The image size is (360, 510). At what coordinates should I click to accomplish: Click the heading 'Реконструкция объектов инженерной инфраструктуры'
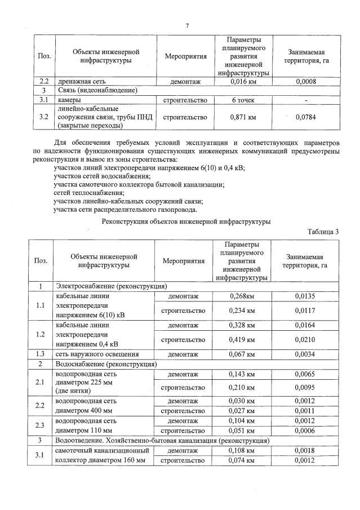point(186,221)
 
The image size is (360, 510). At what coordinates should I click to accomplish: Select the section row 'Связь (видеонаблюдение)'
point(99,90)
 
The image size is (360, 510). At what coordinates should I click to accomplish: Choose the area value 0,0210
point(305,340)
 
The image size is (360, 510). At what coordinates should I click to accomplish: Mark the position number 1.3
point(41,354)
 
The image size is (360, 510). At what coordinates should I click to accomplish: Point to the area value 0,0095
point(305,388)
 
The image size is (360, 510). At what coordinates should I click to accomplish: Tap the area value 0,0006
point(305,431)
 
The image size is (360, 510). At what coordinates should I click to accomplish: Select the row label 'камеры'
point(69,100)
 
